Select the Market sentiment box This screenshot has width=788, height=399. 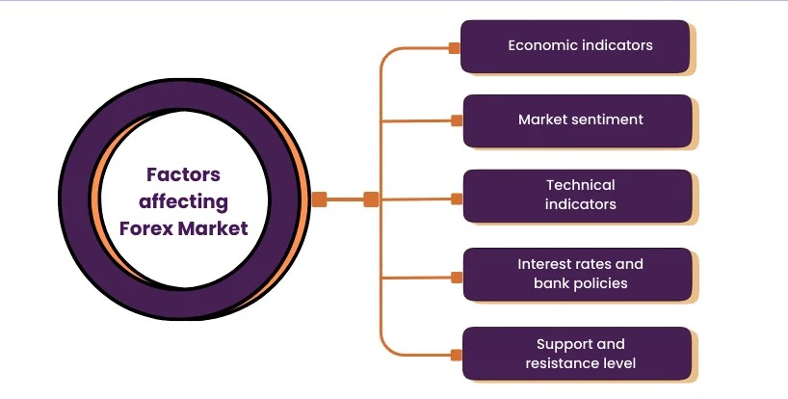577,120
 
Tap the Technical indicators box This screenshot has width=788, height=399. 577,196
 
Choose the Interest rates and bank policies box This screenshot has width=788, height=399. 577,274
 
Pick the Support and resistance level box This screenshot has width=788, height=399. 577,354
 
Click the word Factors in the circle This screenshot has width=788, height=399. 183,174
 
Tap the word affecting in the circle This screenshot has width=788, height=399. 183,201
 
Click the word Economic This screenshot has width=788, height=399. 541,45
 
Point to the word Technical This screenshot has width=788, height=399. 581,184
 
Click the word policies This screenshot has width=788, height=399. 599,283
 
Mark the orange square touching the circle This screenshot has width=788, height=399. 320,199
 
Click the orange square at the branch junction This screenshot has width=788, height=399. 371,199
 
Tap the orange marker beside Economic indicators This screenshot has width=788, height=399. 455,47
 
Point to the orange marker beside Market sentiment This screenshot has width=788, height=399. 457,120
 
